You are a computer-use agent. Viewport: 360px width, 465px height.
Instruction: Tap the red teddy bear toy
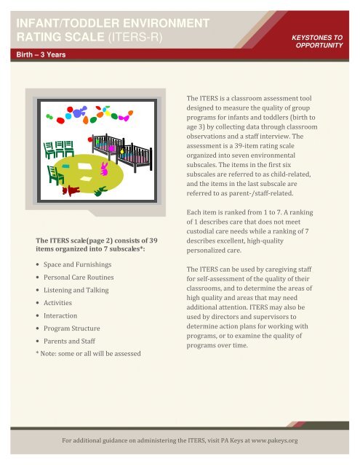coord(73,191)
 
